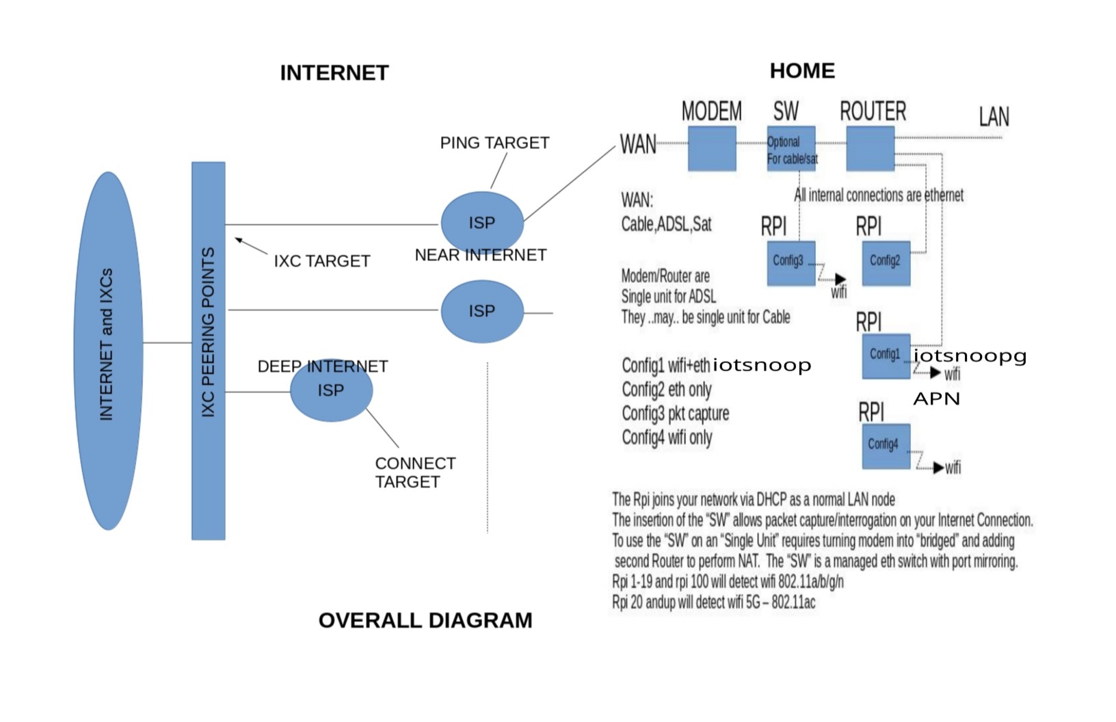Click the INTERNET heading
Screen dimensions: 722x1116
coord(334,72)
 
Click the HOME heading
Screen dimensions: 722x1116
coord(801,70)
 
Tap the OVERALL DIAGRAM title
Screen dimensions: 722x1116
coord(425,620)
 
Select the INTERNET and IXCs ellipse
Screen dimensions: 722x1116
coord(107,350)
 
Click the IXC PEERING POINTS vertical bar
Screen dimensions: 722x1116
coord(208,350)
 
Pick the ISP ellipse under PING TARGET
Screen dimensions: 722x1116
coord(481,222)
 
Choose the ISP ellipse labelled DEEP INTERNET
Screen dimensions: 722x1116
coord(331,390)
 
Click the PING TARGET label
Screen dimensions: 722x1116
coord(494,143)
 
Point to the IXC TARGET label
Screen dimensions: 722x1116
coord(321,261)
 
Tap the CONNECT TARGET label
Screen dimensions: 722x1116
coord(414,472)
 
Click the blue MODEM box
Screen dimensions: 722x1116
coord(711,148)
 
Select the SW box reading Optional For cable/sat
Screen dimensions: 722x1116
coord(790,148)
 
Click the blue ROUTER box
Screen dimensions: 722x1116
coord(870,148)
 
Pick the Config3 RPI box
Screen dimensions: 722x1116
coord(790,263)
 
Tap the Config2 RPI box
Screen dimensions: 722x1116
coord(886,263)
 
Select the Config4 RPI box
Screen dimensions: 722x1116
coord(886,446)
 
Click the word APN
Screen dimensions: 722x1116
coord(936,399)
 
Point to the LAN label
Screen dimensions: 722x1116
coord(993,117)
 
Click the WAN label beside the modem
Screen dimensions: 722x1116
coord(637,144)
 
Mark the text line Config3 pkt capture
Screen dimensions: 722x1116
coord(675,414)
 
